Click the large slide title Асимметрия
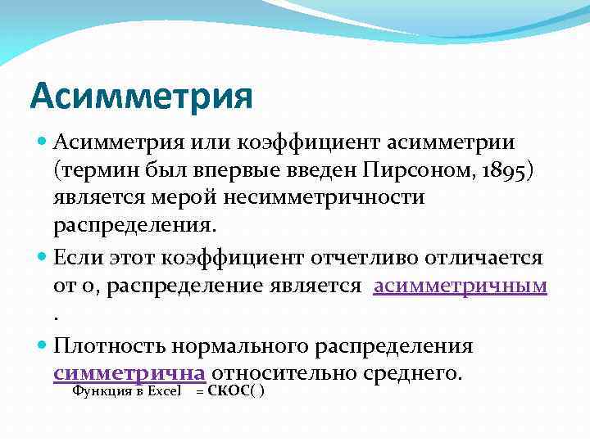click(x=141, y=95)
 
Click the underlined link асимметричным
click(x=460, y=286)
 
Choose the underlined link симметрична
click(x=129, y=373)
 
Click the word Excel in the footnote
click(x=166, y=391)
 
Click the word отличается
click(x=492, y=259)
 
